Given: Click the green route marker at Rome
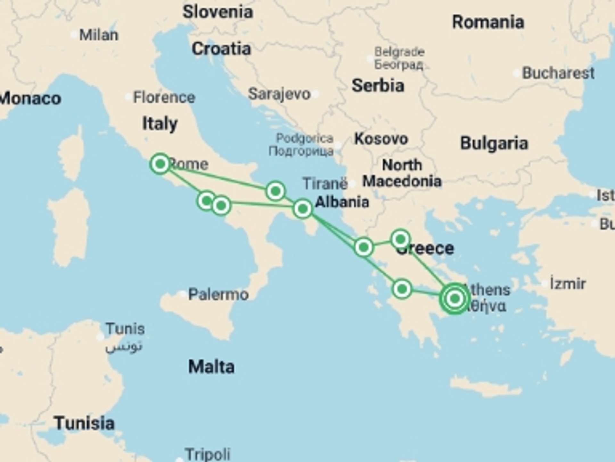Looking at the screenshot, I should coord(160,164).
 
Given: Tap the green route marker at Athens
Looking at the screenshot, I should coord(455,299).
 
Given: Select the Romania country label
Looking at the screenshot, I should coord(488,22).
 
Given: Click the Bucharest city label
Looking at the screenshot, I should coord(558,73).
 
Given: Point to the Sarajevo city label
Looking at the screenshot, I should coord(279,94).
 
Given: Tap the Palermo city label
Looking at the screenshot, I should coord(218,294).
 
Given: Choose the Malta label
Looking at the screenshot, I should coord(211,367).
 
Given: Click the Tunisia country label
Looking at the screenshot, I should coord(84,423).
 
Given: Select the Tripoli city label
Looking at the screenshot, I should coord(208,454).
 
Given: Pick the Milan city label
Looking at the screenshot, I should coord(99,35).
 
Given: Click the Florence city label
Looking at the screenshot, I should coord(164,97).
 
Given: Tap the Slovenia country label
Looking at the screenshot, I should coord(218,12).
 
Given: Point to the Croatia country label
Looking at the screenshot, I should coord(221,49).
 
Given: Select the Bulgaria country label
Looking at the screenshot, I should coord(494,143).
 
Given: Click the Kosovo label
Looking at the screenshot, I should coord(381,139).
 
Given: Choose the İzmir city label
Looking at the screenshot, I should coord(568,284).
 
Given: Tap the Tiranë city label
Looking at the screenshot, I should coord(325,184).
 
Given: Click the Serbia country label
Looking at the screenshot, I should coord(378,86).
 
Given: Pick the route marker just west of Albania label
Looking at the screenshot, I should coord(303,209).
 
